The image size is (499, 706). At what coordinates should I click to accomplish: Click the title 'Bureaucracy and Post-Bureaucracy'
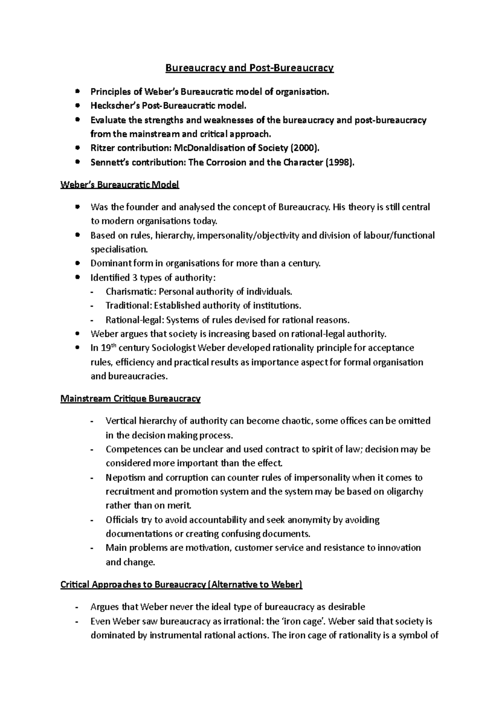pyautogui.click(x=249, y=68)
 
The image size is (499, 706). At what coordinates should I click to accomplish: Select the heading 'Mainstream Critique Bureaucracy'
pyautogui.click(x=131, y=399)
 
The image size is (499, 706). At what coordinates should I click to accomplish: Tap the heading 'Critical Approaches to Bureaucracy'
pyautogui.click(x=181, y=585)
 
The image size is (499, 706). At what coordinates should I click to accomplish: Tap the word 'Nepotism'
pyautogui.click(x=124, y=477)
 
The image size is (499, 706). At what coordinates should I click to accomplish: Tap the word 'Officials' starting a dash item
pyautogui.click(x=122, y=520)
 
